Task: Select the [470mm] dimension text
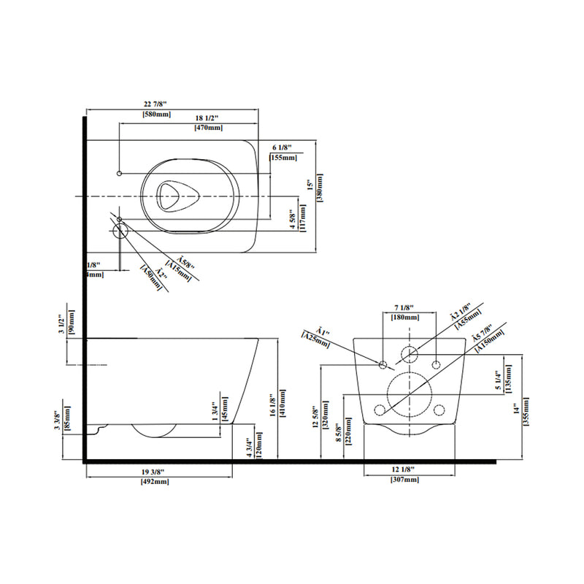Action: click(x=208, y=128)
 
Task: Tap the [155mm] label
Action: click(x=283, y=157)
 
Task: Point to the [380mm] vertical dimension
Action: click(x=319, y=191)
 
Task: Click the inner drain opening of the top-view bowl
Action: click(x=173, y=196)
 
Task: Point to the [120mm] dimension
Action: click(x=258, y=445)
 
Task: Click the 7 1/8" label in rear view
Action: click(x=404, y=307)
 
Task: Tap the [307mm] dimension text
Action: click(x=404, y=479)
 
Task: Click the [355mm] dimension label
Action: click(x=526, y=416)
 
